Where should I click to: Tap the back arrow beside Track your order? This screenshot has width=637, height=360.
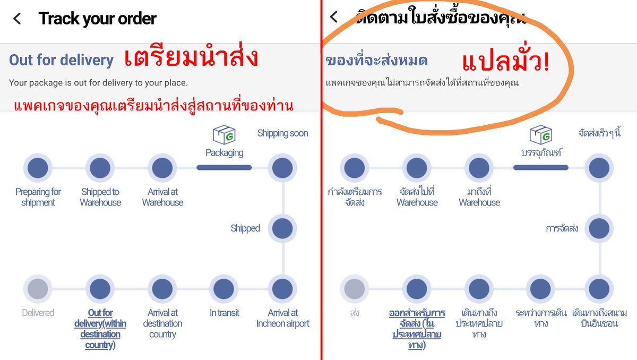click(17, 19)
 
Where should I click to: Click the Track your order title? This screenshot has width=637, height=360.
click(97, 19)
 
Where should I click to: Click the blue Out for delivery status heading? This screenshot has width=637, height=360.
click(61, 60)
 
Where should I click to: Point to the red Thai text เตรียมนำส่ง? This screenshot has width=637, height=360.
click(191, 58)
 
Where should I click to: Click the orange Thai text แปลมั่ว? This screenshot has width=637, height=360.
click(505, 63)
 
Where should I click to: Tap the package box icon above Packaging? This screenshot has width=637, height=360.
click(223, 135)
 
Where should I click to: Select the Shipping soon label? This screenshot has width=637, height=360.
click(282, 133)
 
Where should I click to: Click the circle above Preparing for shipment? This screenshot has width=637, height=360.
click(38, 168)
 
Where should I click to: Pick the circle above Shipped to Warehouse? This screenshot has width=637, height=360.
click(100, 168)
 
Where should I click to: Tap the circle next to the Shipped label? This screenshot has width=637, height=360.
click(282, 228)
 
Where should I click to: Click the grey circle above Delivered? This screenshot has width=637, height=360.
click(38, 289)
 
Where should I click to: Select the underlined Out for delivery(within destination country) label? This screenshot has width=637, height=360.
click(100, 329)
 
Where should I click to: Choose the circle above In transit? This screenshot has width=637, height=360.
click(224, 289)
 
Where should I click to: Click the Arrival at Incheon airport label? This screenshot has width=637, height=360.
click(282, 318)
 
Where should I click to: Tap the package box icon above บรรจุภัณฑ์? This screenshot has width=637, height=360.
click(540, 135)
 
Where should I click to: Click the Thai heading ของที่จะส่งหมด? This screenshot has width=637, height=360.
click(376, 61)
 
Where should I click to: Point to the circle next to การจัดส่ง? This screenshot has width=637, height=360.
click(599, 228)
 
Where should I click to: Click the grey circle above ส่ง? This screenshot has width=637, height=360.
click(355, 289)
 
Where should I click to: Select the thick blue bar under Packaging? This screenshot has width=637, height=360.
click(224, 167)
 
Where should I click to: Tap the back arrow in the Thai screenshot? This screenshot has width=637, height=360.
click(333, 17)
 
